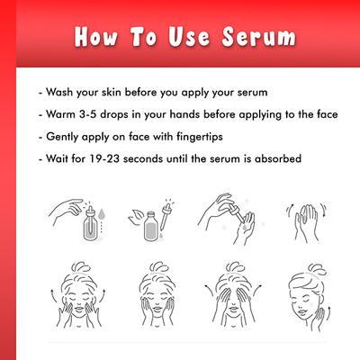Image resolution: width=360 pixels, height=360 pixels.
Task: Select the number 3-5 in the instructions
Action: tap(91, 115)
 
